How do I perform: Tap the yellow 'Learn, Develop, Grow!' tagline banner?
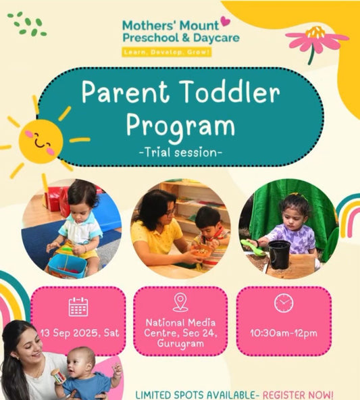pyautogui.click(x=167, y=51)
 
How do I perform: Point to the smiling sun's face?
pyautogui.click(x=41, y=140)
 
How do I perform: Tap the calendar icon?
pyautogui.click(x=78, y=307)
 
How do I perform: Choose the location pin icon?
pyautogui.click(x=180, y=302)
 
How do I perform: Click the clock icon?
pyautogui.click(x=284, y=303)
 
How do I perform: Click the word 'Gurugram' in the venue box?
pyautogui.click(x=180, y=343)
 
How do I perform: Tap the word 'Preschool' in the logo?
pyautogui.click(x=149, y=37)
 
